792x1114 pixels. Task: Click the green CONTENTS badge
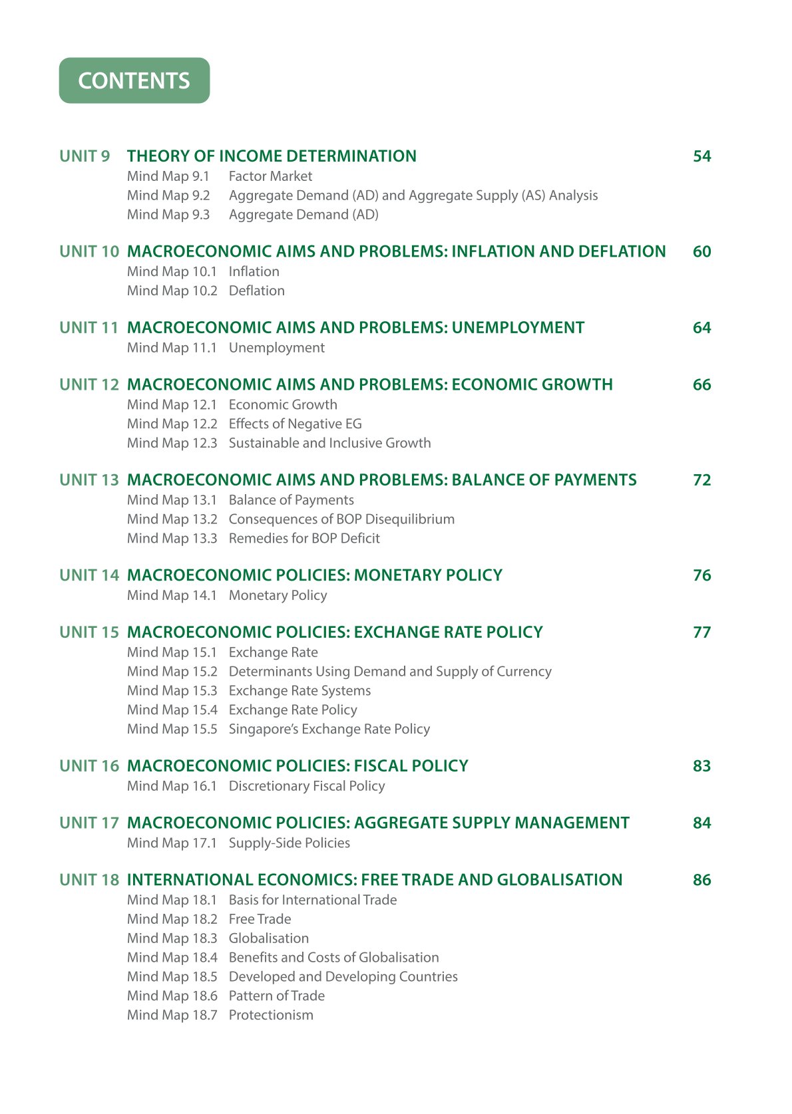pyautogui.click(x=134, y=80)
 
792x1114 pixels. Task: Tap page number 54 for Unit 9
pyautogui.click(x=701, y=156)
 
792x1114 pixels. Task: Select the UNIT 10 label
pyautogui.click(x=89, y=251)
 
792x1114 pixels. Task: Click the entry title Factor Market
pyautogui.click(x=270, y=176)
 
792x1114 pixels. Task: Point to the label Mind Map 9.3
pyautogui.click(x=168, y=215)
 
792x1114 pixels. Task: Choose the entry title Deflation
pyautogui.click(x=256, y=291)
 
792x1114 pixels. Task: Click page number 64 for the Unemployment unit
pyautogui.click(x=701, y=328)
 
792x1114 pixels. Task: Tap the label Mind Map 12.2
pyautogui.click(x=172, y=424)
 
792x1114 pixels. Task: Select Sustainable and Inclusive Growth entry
pyautogui.click(x=329, y=443)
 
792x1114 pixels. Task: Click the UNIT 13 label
pyautogui.click(x=89, y=480)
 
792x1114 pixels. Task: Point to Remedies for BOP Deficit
pyautogui.click(x=304, y=538)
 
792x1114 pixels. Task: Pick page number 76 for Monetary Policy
pyautogui.click(x=701, y=575)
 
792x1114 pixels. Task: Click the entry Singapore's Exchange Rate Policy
pyautogui.click(x=329, y=729)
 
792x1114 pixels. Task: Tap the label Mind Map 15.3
pyautogui.click(x=172, y=690)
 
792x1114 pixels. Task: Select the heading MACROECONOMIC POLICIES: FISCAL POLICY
pyautogui.click(x=297, y=766)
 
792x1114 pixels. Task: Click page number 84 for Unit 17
pyautogui.click(x=701, y=823)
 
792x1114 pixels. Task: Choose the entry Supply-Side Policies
pyautogui.click(x=289, y=843)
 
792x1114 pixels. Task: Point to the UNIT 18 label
pyautogui.click(x=89, y=880)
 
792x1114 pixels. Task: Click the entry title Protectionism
pyautogui.click(x=271, y=1015)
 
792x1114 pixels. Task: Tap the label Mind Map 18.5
pyautogui.click(x=172, y=976)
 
